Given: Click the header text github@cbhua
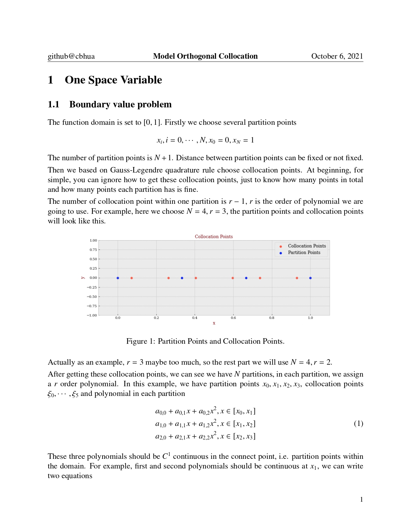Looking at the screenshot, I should tap(71, 56).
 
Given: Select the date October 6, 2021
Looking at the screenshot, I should tap(337, 56).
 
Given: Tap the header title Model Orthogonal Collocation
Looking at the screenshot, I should tap(205, 56).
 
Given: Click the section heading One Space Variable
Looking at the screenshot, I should tap(113, 80).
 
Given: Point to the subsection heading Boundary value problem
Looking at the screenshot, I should tap(120, 104).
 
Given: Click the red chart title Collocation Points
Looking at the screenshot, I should tap(214, 237).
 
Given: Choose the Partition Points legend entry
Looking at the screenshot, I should tap(304, 253).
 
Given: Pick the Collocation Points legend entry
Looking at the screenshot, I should tap(307, 246).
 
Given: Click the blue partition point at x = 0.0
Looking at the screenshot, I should tap(118, 278).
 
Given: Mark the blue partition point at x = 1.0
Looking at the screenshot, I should tap(310, 278).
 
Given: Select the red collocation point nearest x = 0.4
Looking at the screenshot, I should tap(196, 278).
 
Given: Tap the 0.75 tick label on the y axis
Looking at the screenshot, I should tap(93, 250).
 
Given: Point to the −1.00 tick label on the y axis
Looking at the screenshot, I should tap(92, 315).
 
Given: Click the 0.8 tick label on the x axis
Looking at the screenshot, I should tap(272, 318).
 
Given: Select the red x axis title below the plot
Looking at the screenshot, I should tap(214, 323).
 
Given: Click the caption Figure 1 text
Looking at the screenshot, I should tap(205, 341).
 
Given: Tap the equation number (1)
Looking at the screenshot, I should tap(358, 424).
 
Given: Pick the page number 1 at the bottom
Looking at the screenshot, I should tap(361, 500).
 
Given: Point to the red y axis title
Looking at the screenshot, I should tap(83, 278).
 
